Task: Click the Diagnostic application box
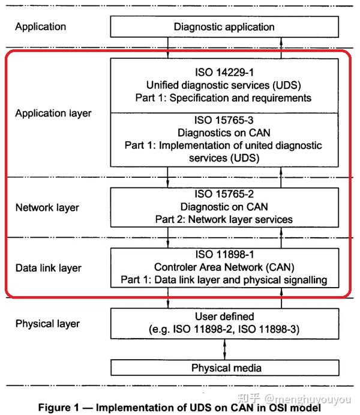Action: click(224, 27)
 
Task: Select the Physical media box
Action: click(224, 368)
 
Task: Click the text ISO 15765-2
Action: click(224, 195)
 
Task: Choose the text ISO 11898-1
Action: click(224, 255)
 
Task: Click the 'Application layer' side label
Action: click(53, 113)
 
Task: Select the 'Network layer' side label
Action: click(47, 208)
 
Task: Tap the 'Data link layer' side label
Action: click(49, 267)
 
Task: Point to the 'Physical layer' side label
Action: click(47, 324)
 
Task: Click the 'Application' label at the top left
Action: click(40, 26)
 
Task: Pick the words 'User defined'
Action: click(224, 317)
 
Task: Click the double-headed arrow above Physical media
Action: click(224, 347)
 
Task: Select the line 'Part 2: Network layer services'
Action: click(224, 219)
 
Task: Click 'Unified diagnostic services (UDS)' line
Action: click(224, 85)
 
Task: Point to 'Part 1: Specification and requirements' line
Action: click(224, 97)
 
